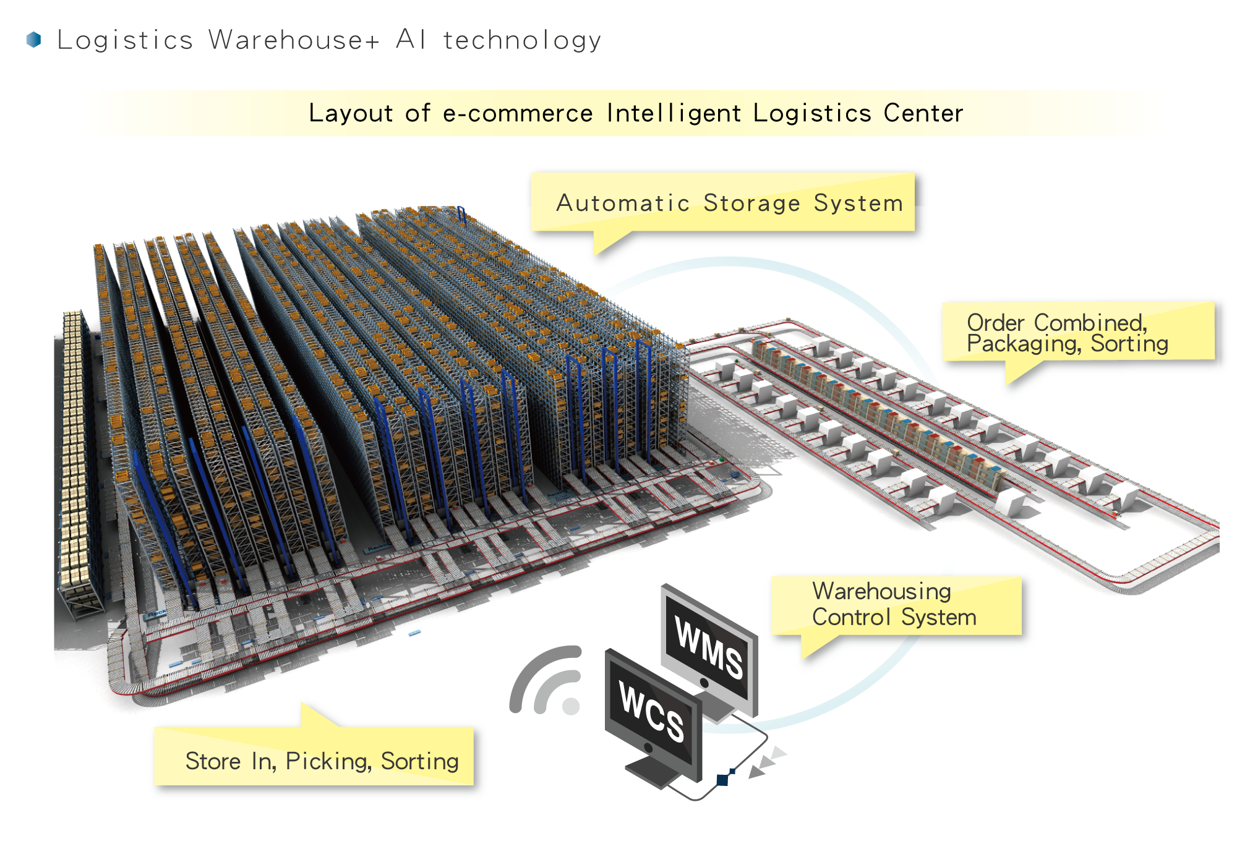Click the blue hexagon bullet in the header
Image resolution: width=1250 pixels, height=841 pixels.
34,40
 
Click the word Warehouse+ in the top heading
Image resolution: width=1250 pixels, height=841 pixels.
294,40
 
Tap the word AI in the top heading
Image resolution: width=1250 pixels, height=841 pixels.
411,39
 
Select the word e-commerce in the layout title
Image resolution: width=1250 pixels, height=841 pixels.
518,113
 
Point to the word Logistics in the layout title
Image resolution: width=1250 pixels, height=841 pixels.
812,113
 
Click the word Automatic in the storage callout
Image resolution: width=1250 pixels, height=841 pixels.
623,203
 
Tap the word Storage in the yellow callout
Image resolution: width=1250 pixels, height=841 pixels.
751,203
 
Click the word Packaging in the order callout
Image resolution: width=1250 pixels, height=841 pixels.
1024,344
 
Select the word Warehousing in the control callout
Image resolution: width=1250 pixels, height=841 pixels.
881,592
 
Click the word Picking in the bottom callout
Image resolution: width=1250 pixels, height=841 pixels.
328,761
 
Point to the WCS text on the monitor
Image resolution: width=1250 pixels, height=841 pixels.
652,712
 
